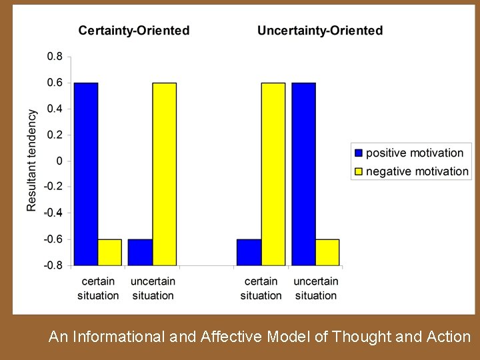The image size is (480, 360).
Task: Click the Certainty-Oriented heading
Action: [x=133, y=31]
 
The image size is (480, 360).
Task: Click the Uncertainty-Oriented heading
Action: [x=320, y=31]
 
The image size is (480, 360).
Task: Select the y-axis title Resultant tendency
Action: [x=32, y=161]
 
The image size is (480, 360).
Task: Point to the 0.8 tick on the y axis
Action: [x=54, y=57]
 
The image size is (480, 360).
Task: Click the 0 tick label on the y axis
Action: [x=59, y=161]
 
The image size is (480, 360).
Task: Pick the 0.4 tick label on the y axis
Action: [x=54, y=109]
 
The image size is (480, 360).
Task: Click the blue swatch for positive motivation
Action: [x=359, y=153]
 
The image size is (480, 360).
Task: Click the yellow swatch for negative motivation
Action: [x=359, y=171]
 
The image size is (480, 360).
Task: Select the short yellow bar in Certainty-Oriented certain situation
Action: [x=110, y=252]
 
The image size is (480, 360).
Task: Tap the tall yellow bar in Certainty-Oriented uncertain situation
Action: [x=165, y=173]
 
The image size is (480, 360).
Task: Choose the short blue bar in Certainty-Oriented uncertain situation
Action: [x=141, y=252]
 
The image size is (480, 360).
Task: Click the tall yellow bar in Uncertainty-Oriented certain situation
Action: [x=273, y=173]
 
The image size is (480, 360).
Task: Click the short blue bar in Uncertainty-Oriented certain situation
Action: [x=249, y=252]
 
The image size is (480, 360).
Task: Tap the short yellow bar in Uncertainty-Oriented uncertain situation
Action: [x=327, y=252]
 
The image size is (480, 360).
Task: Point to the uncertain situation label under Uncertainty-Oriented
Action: [x=315, y=288]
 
